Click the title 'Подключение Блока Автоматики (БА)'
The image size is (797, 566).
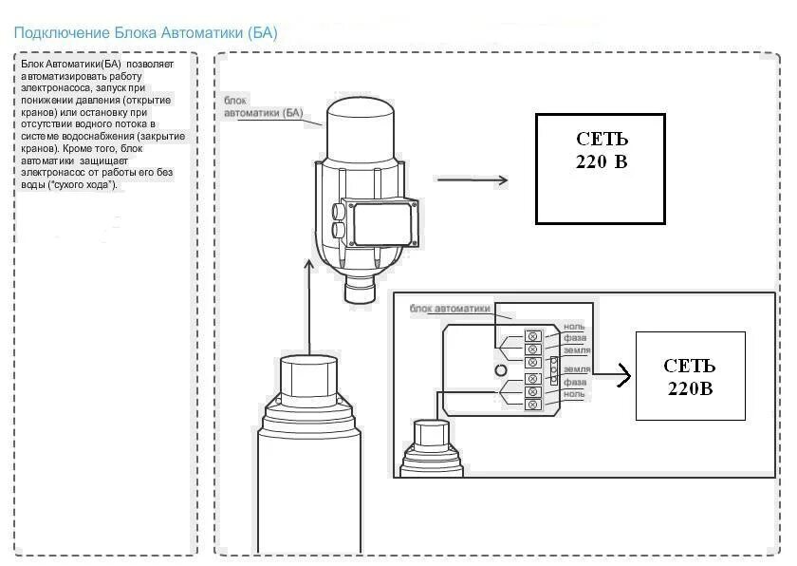145,33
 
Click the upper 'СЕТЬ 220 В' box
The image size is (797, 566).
600,168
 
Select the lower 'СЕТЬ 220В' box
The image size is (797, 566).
690,376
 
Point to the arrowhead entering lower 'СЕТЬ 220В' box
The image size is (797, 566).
625,376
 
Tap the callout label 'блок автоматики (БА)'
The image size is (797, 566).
261,107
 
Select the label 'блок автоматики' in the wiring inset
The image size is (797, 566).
451,309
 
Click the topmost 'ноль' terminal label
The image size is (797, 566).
574,327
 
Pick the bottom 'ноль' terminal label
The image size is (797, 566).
574,393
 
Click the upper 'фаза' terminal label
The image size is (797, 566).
575,337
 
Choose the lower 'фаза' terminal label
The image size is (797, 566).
575,382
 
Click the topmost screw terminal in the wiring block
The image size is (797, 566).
532,336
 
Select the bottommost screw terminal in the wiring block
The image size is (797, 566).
532,405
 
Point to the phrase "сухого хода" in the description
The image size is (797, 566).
87,184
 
